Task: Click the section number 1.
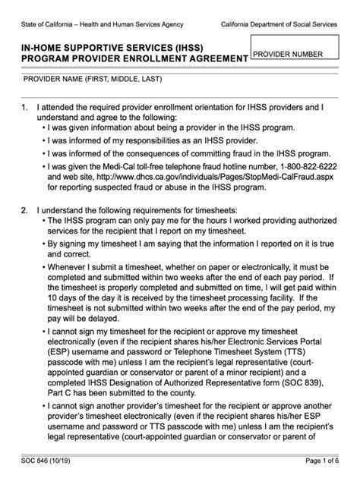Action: (24, 108)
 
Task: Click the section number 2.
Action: (24, 209)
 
